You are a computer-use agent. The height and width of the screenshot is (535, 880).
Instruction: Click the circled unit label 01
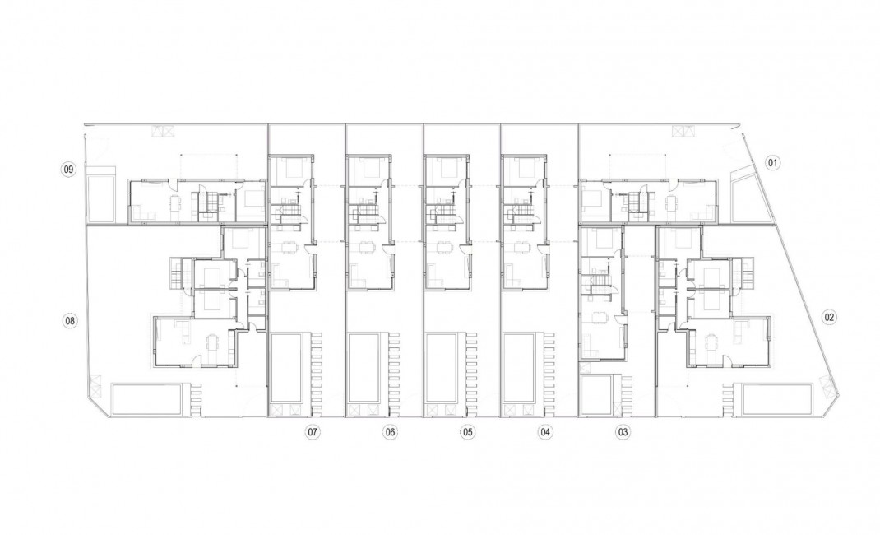(772, 163)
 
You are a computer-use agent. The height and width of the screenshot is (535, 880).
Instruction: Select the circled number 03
(623, 431)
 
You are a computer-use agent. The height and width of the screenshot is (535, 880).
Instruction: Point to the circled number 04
(545, 431)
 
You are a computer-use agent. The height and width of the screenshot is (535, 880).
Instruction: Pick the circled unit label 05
(467, 431)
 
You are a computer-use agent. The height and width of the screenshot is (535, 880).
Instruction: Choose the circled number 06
(390, 431)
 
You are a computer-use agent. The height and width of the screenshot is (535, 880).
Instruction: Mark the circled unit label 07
(312, 431)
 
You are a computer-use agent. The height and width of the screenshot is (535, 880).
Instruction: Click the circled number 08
(70, 320)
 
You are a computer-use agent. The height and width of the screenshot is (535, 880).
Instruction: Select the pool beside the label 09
(103, 195)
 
